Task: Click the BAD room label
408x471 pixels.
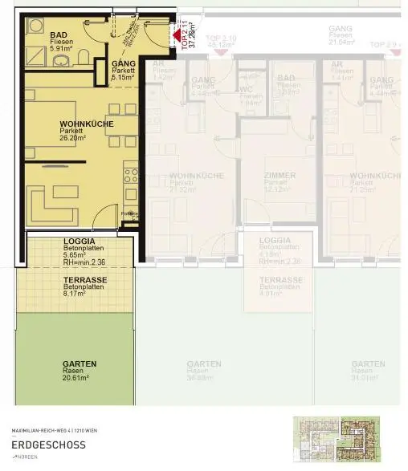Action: [x=59, y=35]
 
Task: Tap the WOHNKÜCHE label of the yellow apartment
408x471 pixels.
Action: [x=86, y=124]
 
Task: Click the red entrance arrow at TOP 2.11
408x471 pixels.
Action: [x=177, y=33]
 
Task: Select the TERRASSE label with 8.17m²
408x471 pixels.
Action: [x=85, y=280]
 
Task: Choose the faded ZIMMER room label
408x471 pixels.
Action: [x=279, y=175]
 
